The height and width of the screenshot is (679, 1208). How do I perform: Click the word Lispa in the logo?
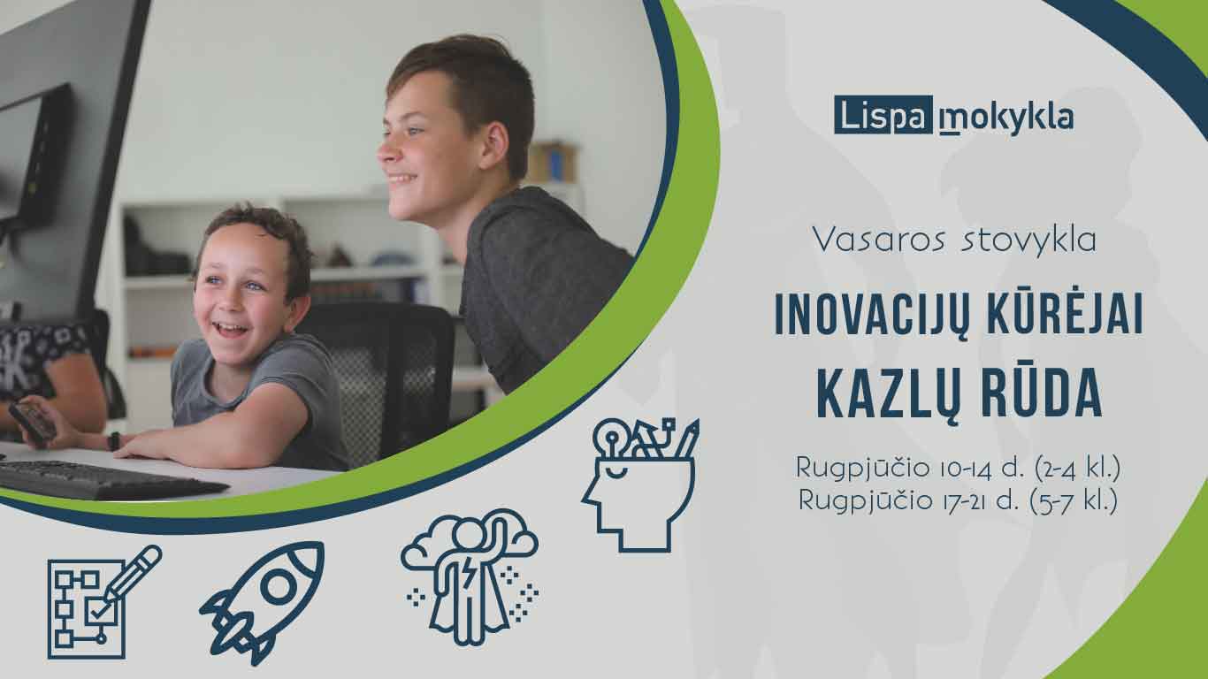click(x=883, y=116)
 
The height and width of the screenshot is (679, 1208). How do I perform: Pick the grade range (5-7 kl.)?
click(x=1074, y=501)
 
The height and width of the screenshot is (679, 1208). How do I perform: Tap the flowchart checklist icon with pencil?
click(x=104, y=602)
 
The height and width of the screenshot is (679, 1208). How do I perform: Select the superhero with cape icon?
click(x=470, y=577)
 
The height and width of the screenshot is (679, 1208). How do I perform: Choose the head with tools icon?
click(x=640, y=484)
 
